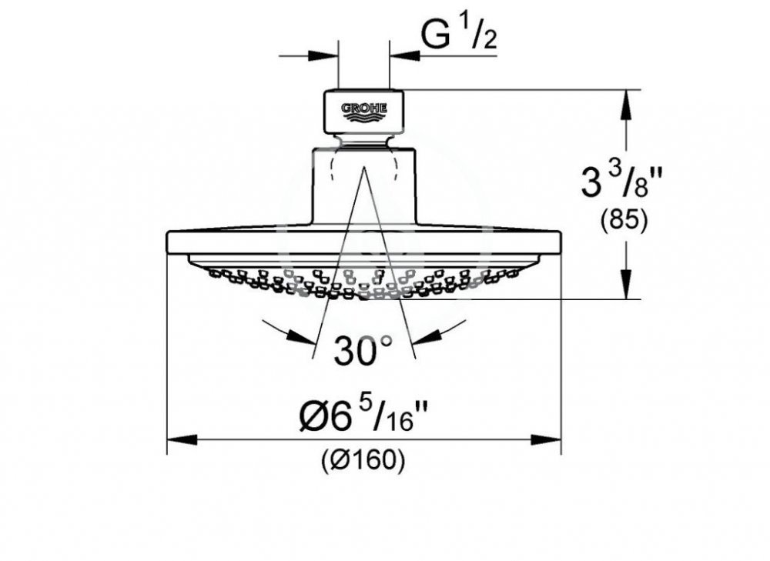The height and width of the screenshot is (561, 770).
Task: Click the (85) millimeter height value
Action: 623,221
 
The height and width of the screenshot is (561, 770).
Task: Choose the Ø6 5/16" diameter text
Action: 363,419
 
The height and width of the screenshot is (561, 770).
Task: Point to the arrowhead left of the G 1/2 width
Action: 323,55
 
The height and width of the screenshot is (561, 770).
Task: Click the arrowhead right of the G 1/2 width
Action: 404,55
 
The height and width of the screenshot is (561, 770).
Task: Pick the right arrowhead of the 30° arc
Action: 426,336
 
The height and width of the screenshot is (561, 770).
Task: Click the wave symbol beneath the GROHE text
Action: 363,117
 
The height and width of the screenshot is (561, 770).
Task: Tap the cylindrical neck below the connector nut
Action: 363,185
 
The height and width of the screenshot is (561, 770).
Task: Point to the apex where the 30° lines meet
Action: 363,166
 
